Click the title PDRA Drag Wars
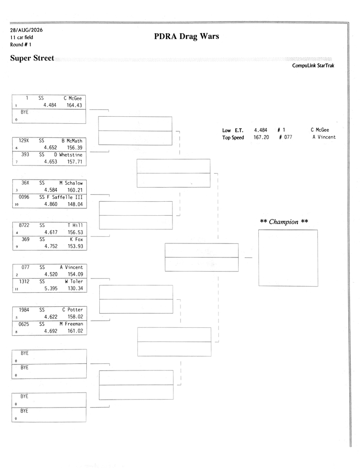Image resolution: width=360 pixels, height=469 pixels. [x=187, y=36]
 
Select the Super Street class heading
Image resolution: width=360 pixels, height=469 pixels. [x=32, y=58]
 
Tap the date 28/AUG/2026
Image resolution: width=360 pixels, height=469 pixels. [x=26, y=30]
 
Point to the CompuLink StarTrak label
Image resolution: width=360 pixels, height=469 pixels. [x=313, y=66]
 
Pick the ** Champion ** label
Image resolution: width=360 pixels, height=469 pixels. [x=284, y=222]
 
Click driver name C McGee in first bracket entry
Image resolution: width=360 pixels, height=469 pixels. [x=73, y=98]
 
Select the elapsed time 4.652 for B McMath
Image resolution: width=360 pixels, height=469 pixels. [x=50, y=147]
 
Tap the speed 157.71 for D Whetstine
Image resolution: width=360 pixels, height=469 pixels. [x=75, y=161]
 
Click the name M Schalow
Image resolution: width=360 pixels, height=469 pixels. [x=71, y=183]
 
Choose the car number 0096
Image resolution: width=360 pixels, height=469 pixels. [x=24, y=197]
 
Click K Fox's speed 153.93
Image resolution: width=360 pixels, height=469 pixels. [x=75, y=246]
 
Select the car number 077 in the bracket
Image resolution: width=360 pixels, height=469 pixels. [x=25, y=267]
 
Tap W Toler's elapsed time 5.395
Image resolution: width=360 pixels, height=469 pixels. [x=51, y=288]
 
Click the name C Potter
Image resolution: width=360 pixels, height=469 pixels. [x=73, y=310]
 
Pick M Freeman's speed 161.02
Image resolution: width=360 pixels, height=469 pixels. [x=75, y=331]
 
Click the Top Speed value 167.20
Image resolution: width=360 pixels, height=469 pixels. [x=262, y=137]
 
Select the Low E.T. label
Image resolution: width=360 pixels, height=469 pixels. [x=232, y=130]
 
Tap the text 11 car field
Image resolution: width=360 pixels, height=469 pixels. [x=22, y=38]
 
